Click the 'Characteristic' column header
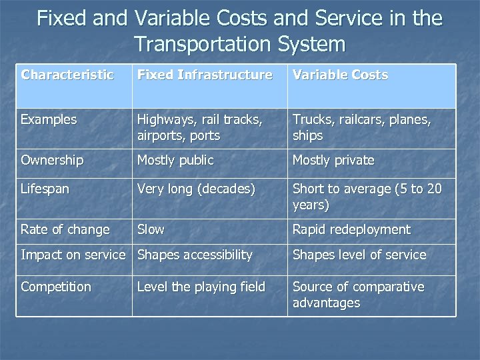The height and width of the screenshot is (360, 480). pyautogui.click(x=67, y=75)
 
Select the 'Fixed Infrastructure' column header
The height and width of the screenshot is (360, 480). pyautogui.click(x=205, y=75)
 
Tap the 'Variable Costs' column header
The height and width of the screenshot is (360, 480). pyautogui.click(x=340, y=75)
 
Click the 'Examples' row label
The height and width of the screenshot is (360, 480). pyautogui.click(x=49, y=120)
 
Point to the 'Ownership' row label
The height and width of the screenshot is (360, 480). pyautogui.click(x=52, y=161)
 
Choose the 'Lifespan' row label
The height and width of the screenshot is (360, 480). pyautogui.click(x=45, y=189)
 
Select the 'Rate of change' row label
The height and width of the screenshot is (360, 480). pyautogui.click(x=65, y=230)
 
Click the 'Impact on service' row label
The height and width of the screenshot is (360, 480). pyautogui.click(x=73, y=255)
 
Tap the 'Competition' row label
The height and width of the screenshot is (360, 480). pyautogui.click(x=56, y=287)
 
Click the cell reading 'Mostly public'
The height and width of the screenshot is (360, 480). pyautogui.click(x=175, y=161)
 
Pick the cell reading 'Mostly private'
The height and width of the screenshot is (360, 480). pyautogui.click(x=333, y=161)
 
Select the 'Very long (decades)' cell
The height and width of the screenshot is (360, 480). pyautogui.click(x=196, y=189)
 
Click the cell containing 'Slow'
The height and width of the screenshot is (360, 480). pyautogui.click(x=151, y=230)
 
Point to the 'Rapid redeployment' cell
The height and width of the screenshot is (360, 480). pyautogui.click(x=351, y=230)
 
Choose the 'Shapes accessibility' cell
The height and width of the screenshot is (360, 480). pyautogui.click(x=195, y=255)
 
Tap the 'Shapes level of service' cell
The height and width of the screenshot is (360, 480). pyautogui.click(x=359, y=255)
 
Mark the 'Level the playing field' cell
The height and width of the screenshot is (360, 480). pyautogui.click(x=201, y=287)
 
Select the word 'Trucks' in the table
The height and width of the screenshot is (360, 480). pyautogui.click(x=311, y=120)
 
